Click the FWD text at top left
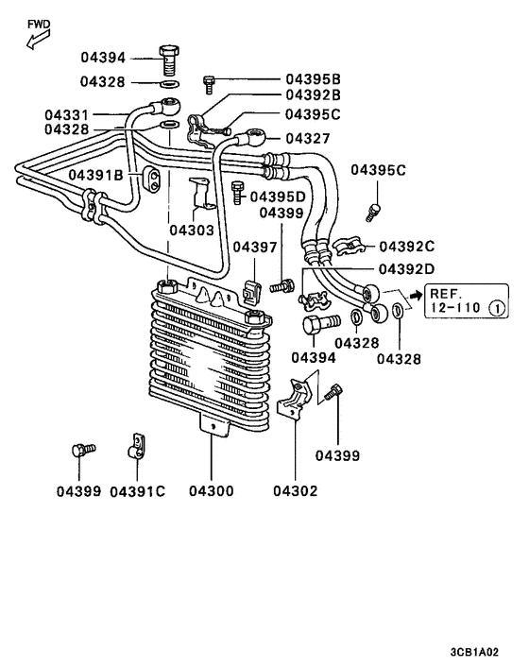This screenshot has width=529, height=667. (40, 23)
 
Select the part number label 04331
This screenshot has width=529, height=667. (70, 115)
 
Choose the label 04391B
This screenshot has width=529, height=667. (95, 176)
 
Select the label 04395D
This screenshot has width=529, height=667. (278, 197)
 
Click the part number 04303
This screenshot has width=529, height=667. (193, 230)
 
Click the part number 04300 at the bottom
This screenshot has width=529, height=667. (212, 491)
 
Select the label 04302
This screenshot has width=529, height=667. (296, 491)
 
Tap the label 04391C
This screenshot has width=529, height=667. (138, 491)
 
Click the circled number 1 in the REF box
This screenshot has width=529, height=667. (497, 308)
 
